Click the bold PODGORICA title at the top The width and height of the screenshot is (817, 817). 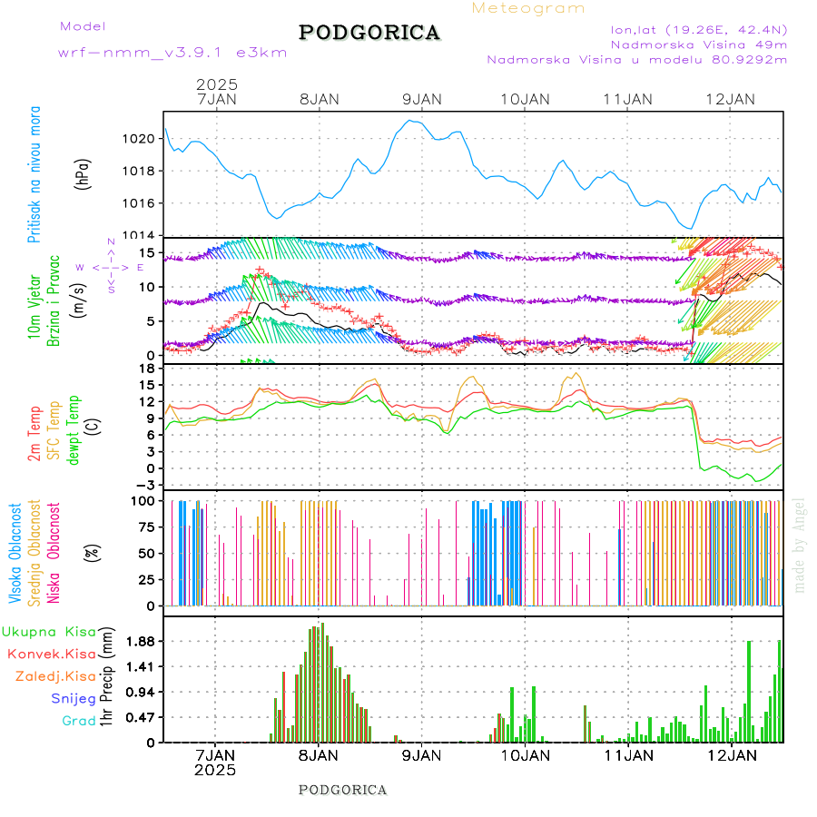369,33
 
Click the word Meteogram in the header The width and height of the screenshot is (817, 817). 529,8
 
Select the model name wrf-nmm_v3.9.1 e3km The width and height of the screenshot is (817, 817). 173,53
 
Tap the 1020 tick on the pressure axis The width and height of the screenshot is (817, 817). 141,139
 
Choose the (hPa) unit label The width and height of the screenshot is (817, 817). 84,172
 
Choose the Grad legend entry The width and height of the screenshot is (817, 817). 79,721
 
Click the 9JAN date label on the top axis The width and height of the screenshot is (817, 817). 421,99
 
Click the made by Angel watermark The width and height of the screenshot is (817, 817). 800,545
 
